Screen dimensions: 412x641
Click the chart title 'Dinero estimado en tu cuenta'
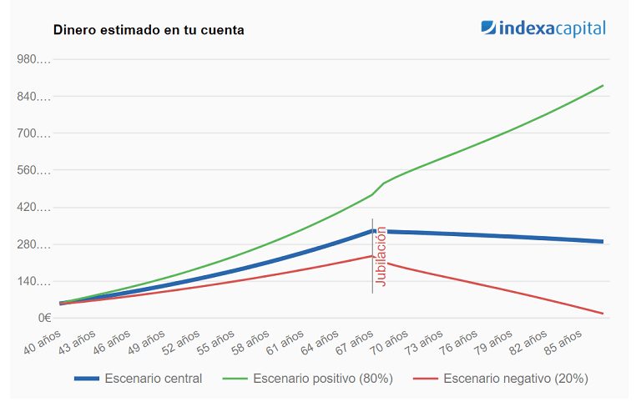point(149,30)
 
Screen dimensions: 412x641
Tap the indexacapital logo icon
point(489,28)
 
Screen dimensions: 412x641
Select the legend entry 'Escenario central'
point(153,378)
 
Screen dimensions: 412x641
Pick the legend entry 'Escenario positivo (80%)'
point(323,378)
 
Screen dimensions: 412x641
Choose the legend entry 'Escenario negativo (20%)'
point(515,378)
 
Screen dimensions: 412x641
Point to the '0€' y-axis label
point(44,318)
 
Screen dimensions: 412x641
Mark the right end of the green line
point(603,85)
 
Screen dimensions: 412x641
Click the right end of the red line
point(603,314)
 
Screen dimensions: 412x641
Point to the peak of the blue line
point(372,230)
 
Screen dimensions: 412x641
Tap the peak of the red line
point(372,256)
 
